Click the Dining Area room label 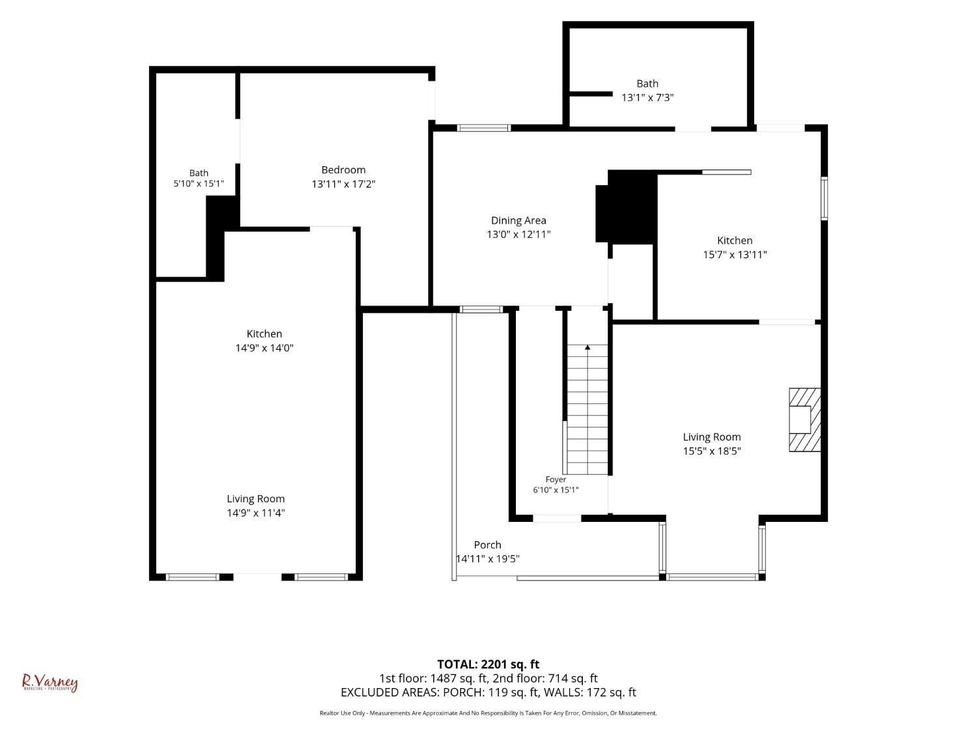point(518,220)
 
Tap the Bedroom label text point(343,169)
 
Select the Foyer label point(556,480)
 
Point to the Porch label point(487,545)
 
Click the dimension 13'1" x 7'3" point(647,98)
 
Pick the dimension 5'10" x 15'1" point(199,183)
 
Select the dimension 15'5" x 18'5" point(712,451)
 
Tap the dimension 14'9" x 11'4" point(255,513)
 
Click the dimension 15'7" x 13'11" point(735,255)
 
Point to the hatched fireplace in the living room point(805,420)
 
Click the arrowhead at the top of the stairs point(588,347)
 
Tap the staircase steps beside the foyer point(587,409)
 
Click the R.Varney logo point(50,683)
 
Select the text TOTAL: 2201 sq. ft point(488,665)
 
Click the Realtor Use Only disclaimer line point(488,713)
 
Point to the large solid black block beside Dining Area point(627,207)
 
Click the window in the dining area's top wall point(484,128)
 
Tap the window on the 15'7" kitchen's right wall point(825,199)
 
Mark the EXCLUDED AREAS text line point(488,693)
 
